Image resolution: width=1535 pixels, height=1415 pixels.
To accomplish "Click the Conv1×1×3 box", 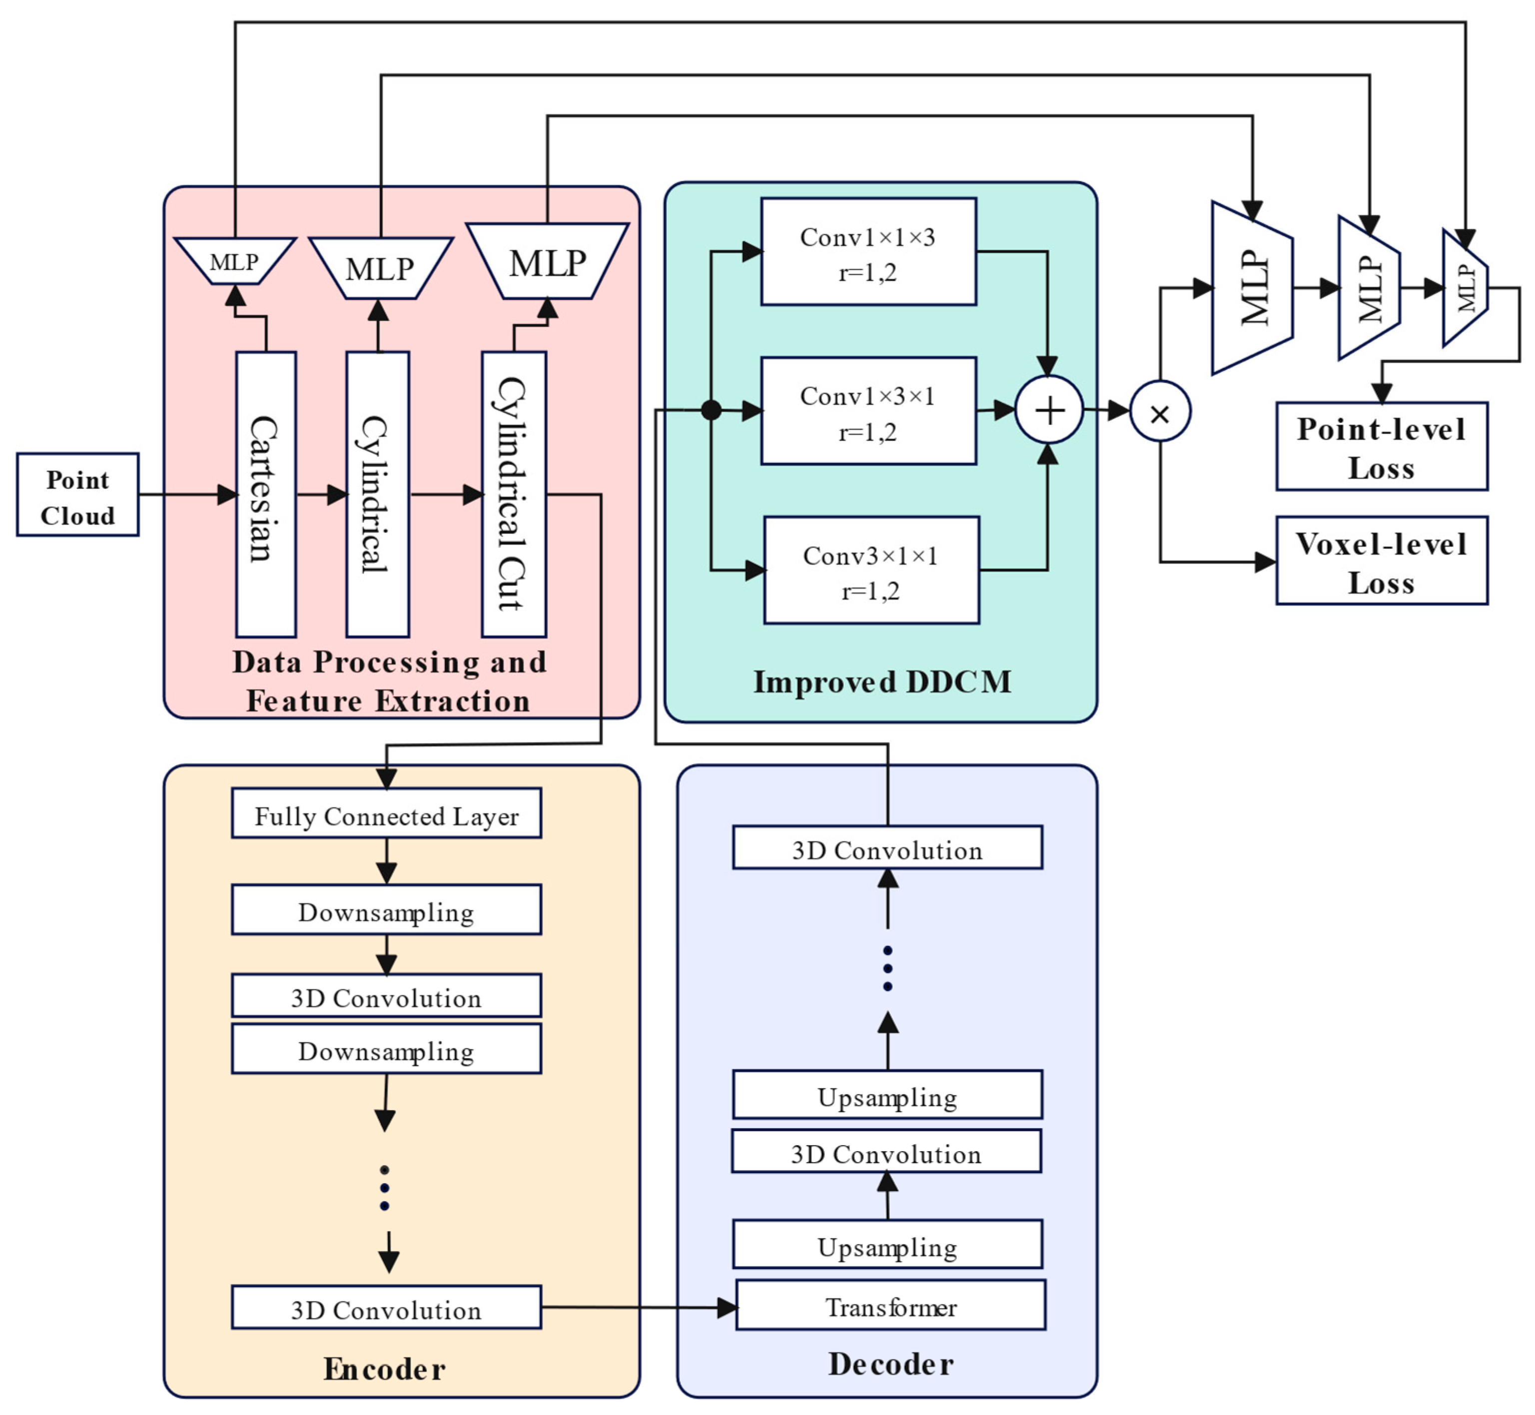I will point(868,252).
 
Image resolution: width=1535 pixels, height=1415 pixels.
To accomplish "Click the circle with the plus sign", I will point(1049,410).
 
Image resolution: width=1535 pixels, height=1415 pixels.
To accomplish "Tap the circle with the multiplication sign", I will point(1160,412).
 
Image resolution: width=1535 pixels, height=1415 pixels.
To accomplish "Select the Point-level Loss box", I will point(1381,446).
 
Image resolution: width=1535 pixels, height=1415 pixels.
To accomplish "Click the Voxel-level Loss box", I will point(1381,561).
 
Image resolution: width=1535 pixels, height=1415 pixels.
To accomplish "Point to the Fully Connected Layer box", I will point(387,813).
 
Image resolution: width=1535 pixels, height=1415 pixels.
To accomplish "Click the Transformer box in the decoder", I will point(890,1306).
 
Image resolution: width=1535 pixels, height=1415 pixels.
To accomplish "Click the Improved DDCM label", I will point(882,682).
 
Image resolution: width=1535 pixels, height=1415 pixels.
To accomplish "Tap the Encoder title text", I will point(384,1369).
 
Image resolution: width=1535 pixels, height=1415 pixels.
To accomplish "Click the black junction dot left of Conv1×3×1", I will point(711,410).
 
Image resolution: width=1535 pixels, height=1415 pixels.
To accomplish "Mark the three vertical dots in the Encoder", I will point(384,1188).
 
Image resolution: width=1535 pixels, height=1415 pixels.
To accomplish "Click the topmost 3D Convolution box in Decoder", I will point(887,847).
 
